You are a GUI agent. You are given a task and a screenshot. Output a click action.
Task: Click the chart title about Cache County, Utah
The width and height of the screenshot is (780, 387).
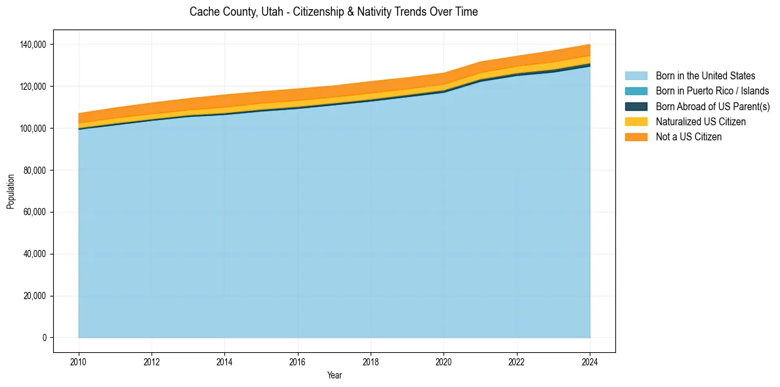coord(333,12)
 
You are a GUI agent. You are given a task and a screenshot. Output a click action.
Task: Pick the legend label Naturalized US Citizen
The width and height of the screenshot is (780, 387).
coord(701,122)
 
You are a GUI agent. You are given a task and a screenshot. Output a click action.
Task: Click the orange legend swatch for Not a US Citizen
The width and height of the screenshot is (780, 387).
coord(636,137)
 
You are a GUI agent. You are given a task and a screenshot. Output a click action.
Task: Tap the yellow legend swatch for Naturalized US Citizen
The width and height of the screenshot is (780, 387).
coord(636,122)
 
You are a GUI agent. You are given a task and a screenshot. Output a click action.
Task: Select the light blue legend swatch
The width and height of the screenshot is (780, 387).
coord(636,76)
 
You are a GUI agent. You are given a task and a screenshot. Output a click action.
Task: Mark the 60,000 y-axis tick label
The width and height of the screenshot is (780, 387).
coord(33,213)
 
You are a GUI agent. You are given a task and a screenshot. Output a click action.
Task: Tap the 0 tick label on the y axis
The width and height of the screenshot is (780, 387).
coord(45,338)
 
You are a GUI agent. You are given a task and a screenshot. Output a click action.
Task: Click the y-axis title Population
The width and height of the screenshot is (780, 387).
coord(10,192)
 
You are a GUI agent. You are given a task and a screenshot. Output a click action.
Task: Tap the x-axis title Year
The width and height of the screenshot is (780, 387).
coord(334,376)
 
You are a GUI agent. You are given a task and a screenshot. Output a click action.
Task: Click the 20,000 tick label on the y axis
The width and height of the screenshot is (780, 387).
coord(33,296)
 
